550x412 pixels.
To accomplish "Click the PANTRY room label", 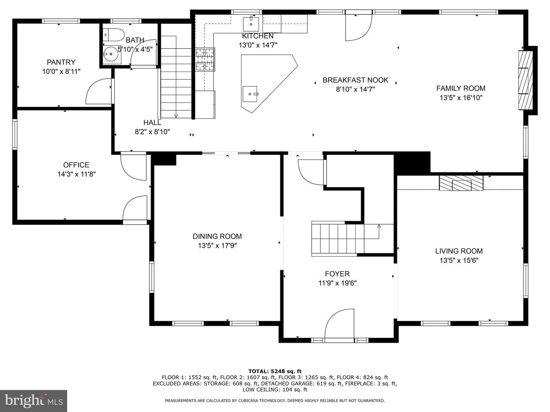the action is [x=61, y=62].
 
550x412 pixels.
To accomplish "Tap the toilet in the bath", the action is [x=113, y=35].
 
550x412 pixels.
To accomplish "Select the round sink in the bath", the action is [x=112, y=54].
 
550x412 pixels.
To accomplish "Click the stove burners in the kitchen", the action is [x=205, y=60].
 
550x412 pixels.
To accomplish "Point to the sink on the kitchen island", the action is [x=250, y=94].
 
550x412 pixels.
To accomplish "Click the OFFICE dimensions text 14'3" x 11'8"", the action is [x=76, y=174].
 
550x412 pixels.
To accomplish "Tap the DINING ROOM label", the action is [x=217, y=236].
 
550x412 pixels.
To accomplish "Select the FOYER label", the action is [x=337, y=274].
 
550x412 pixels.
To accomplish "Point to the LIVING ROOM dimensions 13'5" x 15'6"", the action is [x=459, y=261].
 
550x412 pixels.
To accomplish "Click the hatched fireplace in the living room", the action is [x=461, y=183].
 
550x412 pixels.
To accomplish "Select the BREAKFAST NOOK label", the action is [x=355, y=80].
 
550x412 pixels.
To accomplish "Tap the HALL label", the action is [x=152, y=122].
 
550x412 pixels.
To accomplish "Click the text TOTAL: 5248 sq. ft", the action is [x=275, y=371].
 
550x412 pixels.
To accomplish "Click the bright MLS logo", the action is [x=34, y=401].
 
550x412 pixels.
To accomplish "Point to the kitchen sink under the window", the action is [x=251, y=24].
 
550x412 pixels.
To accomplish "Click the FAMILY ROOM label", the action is [x=461, y=88].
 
